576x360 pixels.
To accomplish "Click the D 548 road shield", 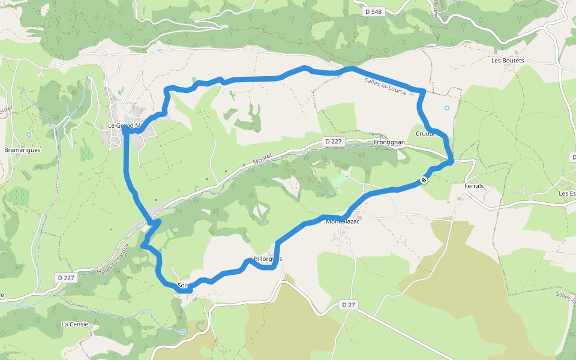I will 373,11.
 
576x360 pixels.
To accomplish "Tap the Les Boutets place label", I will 508,61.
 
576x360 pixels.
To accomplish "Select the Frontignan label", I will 389,142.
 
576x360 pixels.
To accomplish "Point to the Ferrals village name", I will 474,186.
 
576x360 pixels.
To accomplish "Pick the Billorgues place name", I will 267,259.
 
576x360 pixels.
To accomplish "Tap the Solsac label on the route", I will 184,285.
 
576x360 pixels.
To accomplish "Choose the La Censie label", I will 75,324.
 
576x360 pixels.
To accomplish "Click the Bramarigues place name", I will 22,150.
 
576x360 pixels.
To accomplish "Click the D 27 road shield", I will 349,305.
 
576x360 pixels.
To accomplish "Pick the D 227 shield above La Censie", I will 67,277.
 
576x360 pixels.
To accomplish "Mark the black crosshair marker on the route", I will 424,179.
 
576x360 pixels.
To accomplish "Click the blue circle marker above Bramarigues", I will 28,134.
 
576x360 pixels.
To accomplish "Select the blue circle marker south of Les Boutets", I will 446,108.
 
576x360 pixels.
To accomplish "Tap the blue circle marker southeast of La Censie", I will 183,331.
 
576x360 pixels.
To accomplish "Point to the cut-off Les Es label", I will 567,193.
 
